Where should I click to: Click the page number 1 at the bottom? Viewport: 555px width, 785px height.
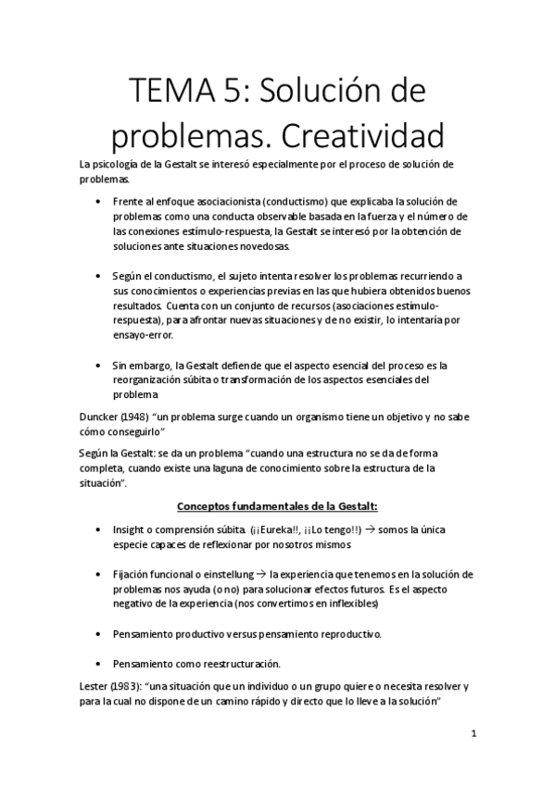473,734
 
